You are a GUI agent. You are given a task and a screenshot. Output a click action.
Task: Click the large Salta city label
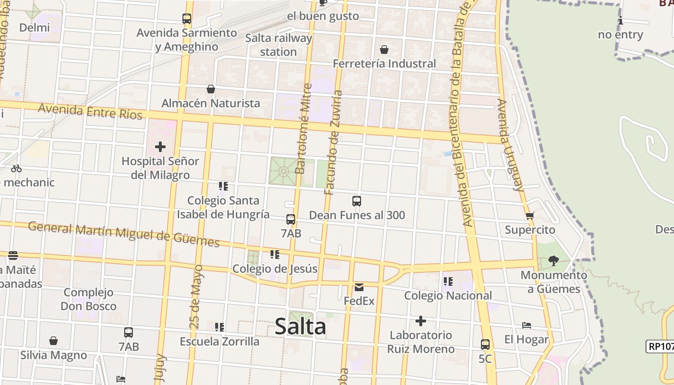(300, 327)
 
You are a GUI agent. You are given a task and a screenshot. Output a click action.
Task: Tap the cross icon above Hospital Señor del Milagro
(160, 146)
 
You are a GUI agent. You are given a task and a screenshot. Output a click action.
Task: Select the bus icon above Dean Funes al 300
(356, 201)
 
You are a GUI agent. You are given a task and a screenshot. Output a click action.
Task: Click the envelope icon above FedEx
(359, 287)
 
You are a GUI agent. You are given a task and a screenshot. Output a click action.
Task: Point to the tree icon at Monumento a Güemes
(553, 261)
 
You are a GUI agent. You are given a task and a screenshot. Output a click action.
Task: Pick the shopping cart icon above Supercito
(530, 216)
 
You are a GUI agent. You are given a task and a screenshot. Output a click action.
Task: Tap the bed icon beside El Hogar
(527, 325)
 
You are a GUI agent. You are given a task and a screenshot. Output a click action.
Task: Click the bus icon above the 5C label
(485, 345)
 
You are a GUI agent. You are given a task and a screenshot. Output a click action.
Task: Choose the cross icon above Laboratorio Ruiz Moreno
(421, 321)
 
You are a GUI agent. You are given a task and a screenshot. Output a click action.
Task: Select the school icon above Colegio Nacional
(448, 282)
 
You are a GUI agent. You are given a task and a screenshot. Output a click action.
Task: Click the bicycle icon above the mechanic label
(16, 168)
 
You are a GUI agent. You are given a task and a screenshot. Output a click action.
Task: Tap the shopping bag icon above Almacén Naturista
(210, 89)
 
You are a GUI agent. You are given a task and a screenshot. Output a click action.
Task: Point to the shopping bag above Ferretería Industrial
(384, 50)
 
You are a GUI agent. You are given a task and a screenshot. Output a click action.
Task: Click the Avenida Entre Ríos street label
(90, 111)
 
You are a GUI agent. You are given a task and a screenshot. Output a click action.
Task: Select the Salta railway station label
(278, 45)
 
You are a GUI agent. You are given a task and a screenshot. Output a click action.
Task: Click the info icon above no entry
(621, 21)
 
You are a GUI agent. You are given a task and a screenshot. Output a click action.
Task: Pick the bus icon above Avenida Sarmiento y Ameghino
(187, 19)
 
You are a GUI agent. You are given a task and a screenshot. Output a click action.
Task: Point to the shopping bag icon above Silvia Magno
(53, 341)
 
